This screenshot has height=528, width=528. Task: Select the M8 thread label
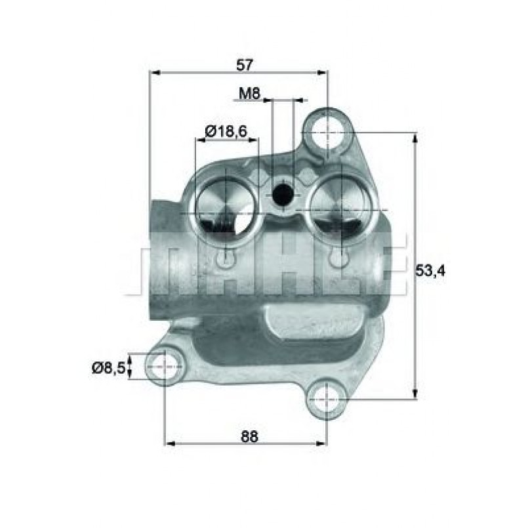[249, 94]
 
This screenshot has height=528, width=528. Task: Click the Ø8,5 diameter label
[108, 368]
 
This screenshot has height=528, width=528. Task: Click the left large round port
[225, 211]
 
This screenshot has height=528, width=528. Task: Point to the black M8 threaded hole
[283, 194]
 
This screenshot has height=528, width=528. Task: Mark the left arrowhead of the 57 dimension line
[155, 73]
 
